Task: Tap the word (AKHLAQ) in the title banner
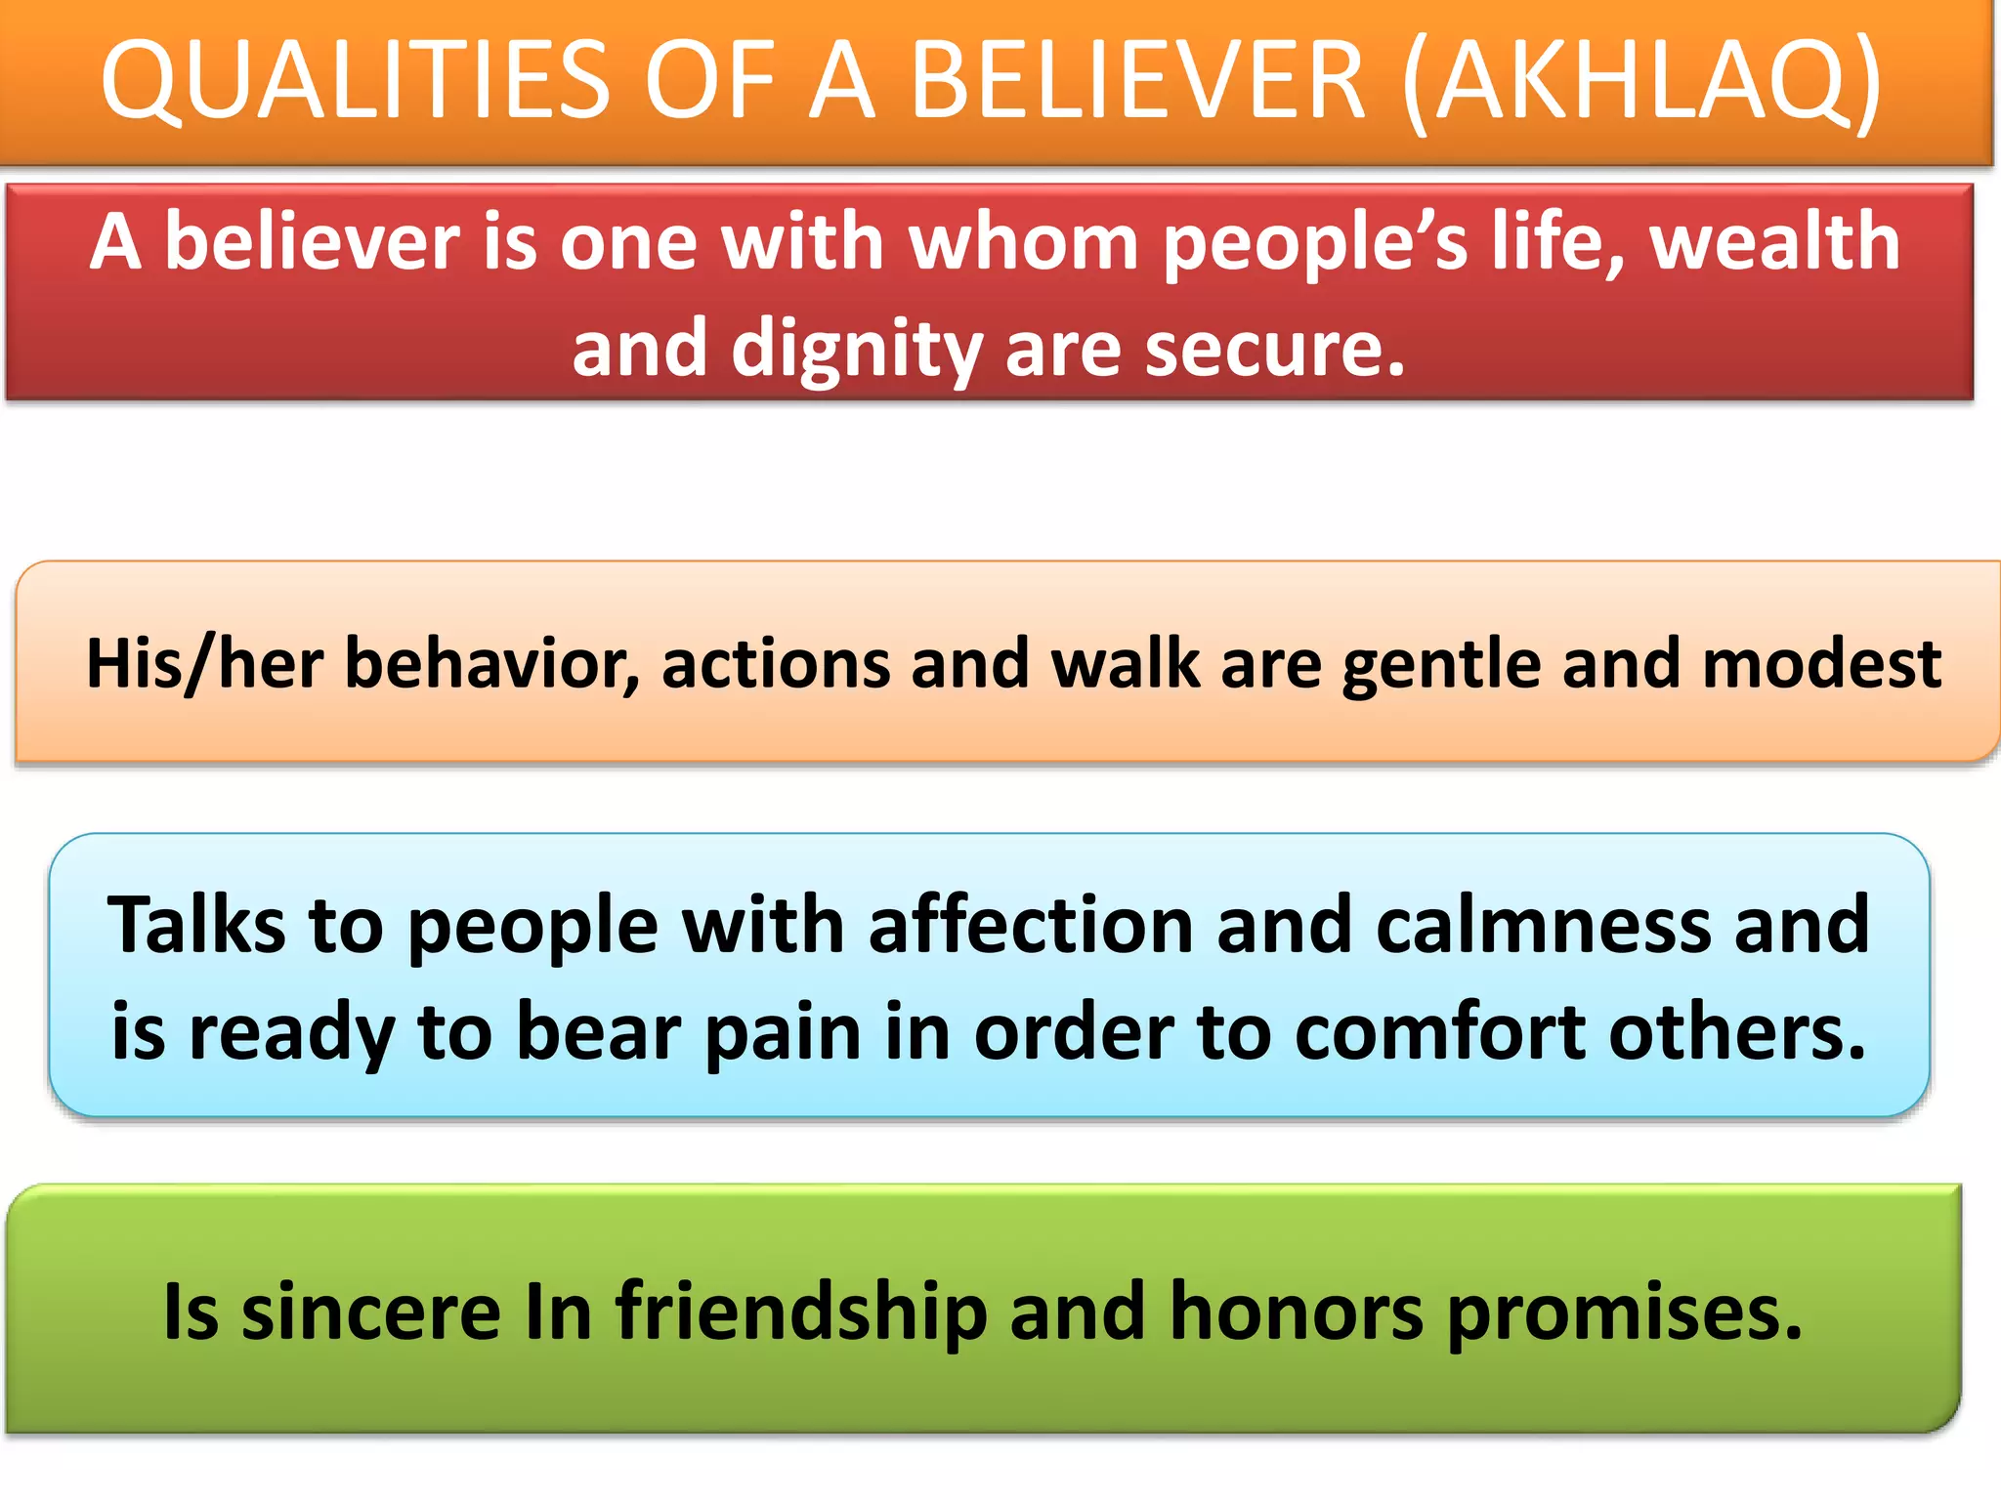pos(1641,80)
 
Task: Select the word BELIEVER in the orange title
pos(1137,80)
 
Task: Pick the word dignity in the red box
pos(856,350)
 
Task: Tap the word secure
pos(1275,350)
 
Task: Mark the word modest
pos(1821,664)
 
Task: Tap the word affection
pos(1030,924)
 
